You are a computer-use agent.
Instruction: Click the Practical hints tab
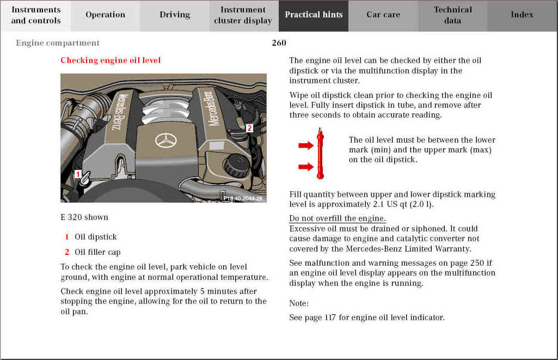[314, 15]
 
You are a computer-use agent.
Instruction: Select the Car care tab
[383, 15]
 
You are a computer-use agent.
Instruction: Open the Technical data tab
[452, 15]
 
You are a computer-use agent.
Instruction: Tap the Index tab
[522, 15]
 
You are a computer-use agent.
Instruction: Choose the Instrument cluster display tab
[243, 15]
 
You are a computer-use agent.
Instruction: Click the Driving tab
[175, 15]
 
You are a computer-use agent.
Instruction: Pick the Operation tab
[105, 15]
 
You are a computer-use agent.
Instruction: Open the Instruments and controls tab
[36, 15]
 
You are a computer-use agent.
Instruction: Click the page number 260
[279, 43]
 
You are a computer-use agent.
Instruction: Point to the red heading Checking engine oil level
[111, 60]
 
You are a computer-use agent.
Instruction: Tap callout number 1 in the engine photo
[78, 174]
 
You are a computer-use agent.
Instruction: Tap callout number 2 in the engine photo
[249, 129]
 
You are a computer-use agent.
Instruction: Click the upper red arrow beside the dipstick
[306, 145]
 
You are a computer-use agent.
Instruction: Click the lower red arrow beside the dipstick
[306, 167]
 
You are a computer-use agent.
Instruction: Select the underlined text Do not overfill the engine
[337, 219]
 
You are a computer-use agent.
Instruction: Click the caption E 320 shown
[84, 217]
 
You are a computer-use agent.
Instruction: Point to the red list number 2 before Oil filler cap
[67, 252]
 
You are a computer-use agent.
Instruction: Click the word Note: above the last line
[299, 303]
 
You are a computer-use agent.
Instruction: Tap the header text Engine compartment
[58, 43]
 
